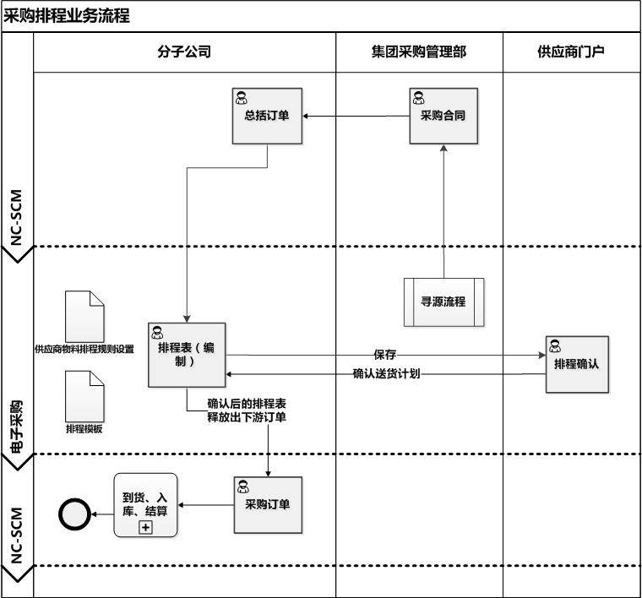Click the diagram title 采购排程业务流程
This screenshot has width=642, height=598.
pyautogui.click(x=68, y=16)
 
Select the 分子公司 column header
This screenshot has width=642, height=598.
pyautogui.click(x=184, y=52)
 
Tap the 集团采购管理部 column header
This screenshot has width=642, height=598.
pyautogui.click(x=419, y=52)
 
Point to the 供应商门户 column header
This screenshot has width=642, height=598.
pyautogui.click(x=571, y=52)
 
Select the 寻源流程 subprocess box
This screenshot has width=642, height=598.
pyautogui.click(x=443, y=301)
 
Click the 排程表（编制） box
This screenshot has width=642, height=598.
pyautogui.click(x=186, y=355)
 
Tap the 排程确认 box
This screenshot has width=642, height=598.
pyautogui.click(x=576, y=364)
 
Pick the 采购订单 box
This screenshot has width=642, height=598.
pyautogui.click(x=267, y=505)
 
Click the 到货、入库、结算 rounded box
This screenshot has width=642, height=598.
pyautogui.click(x=145, y=505)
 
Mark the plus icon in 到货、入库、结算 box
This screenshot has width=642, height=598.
pyautogui.click(x=145, y=527)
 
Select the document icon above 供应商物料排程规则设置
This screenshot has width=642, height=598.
pyautogui.click(x=84, y=316)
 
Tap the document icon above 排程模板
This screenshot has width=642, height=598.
pyautogui.click(x=84, y=395)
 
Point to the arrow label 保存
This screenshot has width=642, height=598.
pyautogui.click(x=384, y=354)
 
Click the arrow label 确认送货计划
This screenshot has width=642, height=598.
pyautogui.click(x=386, y=372)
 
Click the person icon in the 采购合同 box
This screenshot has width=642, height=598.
pyautogui.click(x=417, y=96)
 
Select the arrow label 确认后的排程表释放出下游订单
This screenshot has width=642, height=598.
pyautogui.click(x=246, y=410)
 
